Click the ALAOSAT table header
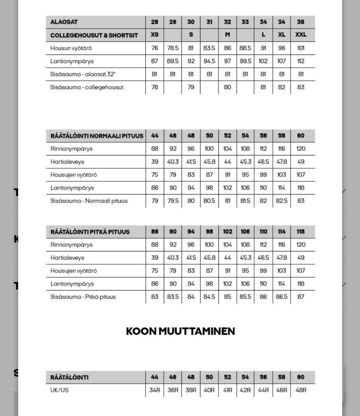64,22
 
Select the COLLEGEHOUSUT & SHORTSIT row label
94,35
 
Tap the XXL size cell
301,35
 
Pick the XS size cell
154,35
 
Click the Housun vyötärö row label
71,48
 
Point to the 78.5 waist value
172,48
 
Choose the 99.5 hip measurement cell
245,61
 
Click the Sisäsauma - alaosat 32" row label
83,74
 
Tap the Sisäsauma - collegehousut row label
87,87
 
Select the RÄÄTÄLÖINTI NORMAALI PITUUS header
97,136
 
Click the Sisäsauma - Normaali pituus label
89,201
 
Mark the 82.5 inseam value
282,201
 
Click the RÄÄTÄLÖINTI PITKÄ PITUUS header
90,232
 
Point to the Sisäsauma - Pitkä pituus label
83,297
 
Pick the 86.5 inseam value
282,297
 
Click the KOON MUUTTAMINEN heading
180,332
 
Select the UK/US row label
60,390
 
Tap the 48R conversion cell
301,390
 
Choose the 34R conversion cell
154,390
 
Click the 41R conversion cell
228,390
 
